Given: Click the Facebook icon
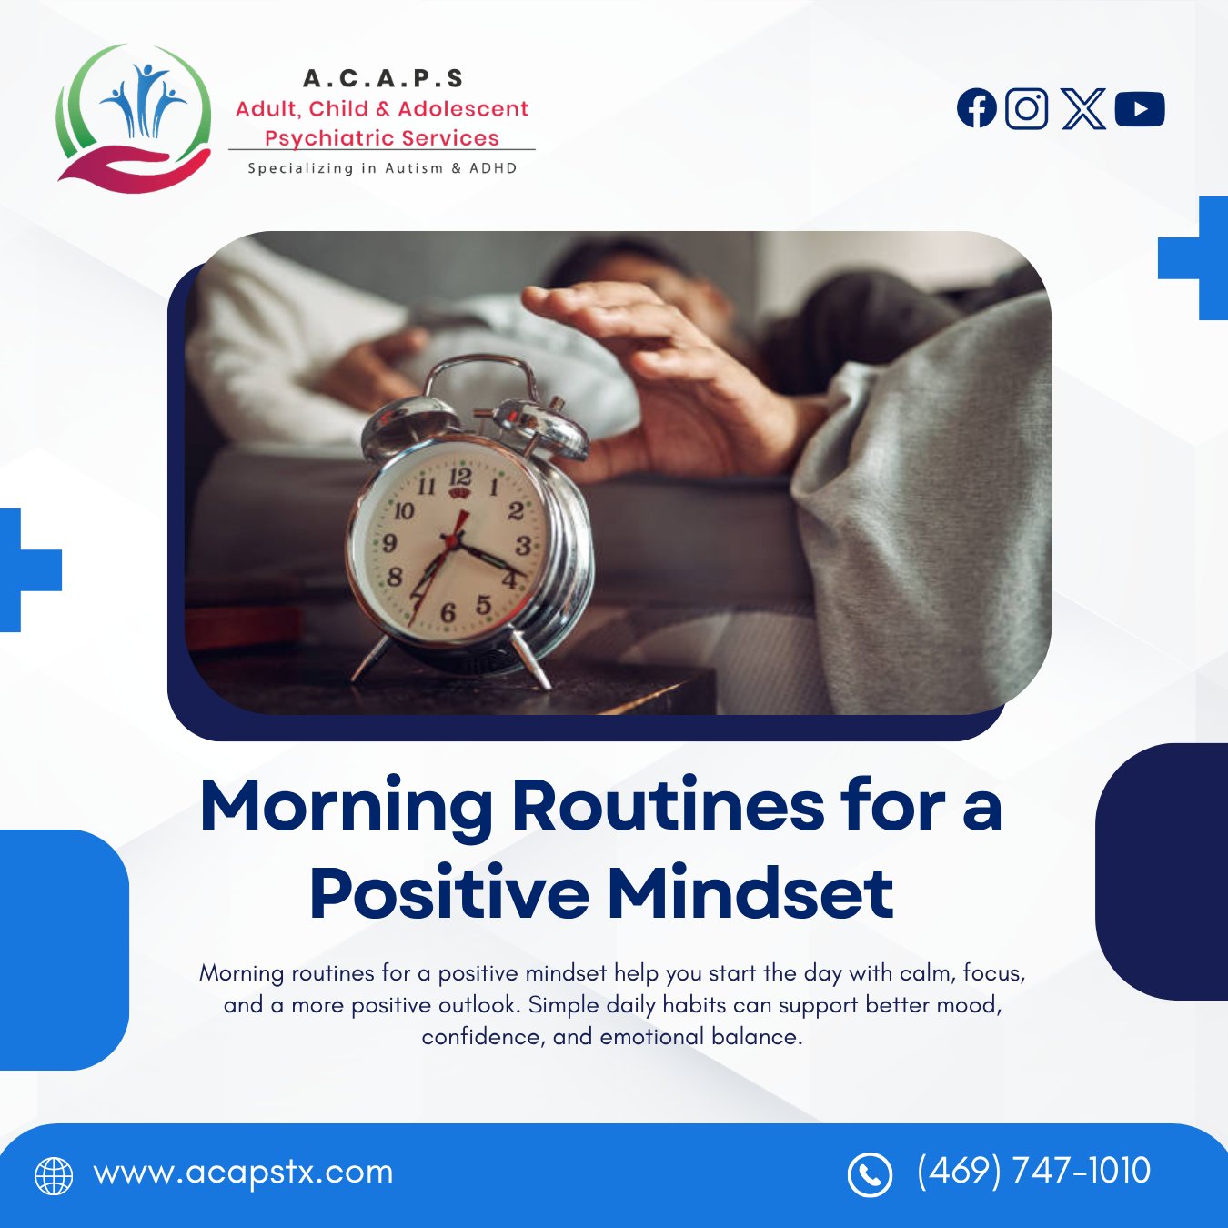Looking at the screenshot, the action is coord(976,108).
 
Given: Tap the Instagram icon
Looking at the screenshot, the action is coord(1027,109).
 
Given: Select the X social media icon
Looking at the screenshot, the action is coord(1083,109).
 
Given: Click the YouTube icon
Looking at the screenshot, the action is coord(1140,109).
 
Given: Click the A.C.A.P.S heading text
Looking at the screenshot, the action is coord(383,78).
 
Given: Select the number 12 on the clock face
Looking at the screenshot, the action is coord(460,477).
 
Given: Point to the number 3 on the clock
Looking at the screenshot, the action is coord(522,546).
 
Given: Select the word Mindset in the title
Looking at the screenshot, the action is coord(750,892).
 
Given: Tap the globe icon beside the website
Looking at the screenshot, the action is coord(54,1176).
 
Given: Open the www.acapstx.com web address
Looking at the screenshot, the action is coord(244,1173).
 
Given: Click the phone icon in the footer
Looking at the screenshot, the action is coord(870,1175).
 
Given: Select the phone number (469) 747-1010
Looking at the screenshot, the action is coord(1033,1171).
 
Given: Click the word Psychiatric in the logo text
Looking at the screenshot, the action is coord(328,137).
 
